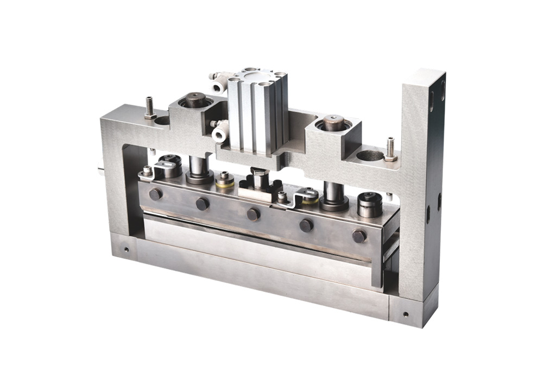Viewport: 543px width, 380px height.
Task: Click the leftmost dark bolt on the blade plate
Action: pyautogui.click(x=155, y=194)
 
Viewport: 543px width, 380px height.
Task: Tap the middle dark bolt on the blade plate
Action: pyautogui.click(x=253, y=214)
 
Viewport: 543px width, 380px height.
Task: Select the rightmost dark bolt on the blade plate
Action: pyautogui.click(x=358, y=236)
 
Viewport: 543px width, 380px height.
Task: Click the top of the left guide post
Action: pyautogui.click(x=195, y=100)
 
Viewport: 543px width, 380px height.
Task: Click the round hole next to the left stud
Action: pyautogui.click(x=162, y=121)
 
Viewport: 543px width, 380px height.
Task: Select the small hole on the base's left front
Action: pyautogui.click(x=126, y=250)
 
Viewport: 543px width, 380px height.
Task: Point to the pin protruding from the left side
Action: pyautogui.click(x=100, y=170)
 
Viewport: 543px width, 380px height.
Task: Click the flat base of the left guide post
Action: pyautogui.click(x=199, y=177)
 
